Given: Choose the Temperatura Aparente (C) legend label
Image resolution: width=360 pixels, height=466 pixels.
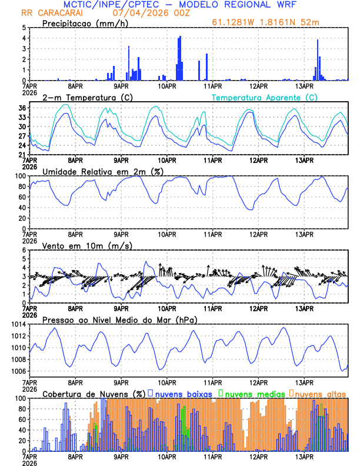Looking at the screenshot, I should (x=265, y=97).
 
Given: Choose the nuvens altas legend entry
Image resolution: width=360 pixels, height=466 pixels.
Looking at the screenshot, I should (x=318, y=393).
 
